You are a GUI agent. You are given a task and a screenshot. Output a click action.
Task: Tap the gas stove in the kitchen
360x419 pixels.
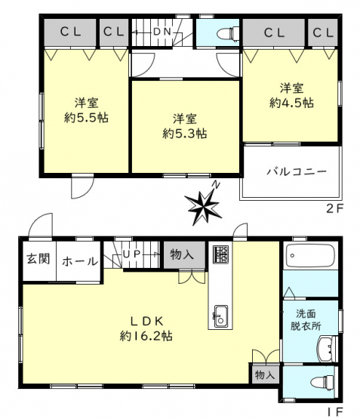pos(220,254)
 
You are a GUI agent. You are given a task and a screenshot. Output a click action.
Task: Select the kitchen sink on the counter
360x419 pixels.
pos(220,316)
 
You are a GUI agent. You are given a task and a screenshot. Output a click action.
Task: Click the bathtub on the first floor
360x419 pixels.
pos(310,256)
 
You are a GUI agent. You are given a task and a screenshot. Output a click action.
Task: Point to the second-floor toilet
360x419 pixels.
pos(229,33)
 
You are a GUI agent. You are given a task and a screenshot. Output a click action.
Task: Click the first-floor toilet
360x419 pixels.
pos(324,383)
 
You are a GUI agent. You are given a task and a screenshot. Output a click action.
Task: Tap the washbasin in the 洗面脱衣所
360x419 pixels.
pos(326,349)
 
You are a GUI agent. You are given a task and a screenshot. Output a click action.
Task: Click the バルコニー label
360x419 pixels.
pos(297,171)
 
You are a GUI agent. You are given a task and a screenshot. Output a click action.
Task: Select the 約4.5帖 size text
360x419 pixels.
pos(291,103)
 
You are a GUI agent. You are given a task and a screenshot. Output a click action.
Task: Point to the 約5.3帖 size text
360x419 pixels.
pos(185,134)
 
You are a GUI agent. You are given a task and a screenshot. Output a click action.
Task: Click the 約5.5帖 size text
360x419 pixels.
pos(86,118)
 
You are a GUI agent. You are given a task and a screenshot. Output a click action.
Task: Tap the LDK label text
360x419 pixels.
pos(146,321)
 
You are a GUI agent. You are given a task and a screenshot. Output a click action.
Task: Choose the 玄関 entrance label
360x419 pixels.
pos(39,258)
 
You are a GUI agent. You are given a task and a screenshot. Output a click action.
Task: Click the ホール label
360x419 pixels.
pos(80,261)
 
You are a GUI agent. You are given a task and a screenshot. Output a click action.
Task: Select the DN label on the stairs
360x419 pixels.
pos(162,32)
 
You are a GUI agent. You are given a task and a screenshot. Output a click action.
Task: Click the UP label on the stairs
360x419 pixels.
pos(131,254)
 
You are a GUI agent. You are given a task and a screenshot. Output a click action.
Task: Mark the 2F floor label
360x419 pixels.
pos(334,208)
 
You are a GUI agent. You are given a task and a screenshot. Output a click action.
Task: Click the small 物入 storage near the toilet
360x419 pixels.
pos(265,374)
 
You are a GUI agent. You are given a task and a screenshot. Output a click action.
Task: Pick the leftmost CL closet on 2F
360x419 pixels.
pos(70,32)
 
